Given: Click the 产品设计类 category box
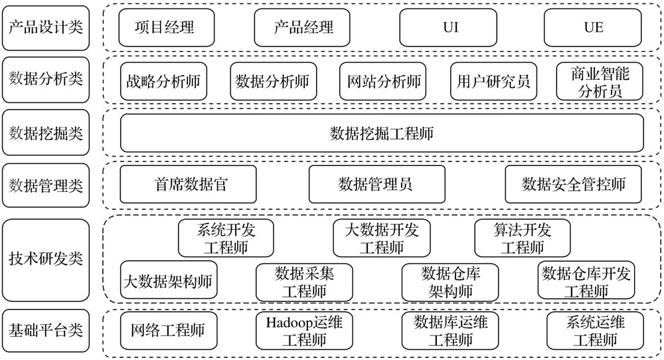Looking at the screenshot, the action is point(46,28).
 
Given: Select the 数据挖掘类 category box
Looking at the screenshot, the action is point(46,133).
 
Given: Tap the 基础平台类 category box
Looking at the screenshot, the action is point(46,330).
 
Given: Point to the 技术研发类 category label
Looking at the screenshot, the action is point(46,258).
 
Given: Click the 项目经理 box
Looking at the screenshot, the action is point(167,27).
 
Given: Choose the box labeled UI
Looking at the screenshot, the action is point(448,27).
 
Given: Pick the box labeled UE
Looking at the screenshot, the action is point(593,27).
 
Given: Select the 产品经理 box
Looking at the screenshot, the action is point(302,27).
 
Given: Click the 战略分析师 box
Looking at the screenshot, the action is point(163,81).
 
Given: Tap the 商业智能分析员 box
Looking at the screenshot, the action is point(600,81).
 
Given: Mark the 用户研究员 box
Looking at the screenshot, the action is point(493,81).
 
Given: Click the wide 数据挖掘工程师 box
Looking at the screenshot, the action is point(382,133).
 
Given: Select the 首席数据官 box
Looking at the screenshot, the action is point(188,184).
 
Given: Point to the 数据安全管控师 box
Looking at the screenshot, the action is point(573,184).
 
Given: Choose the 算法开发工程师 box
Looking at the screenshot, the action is point(522,238).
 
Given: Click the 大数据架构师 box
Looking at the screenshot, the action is point(169,280).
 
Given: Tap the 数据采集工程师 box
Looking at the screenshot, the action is point(304,282).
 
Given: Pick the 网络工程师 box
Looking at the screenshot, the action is point(169,331).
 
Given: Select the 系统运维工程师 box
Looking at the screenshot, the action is point(595,331).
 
